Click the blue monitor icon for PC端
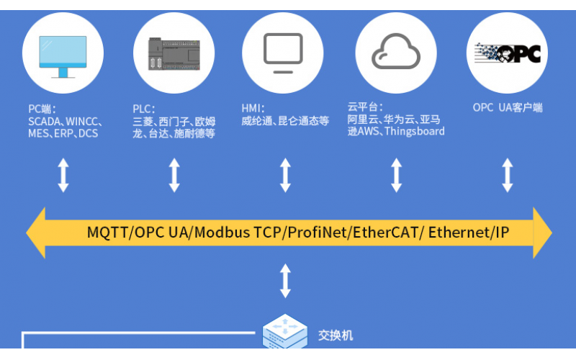[x=63, y=56]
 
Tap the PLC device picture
[x=174, y=53]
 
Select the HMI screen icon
[x=283, y=53]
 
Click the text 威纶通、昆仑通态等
[x=284, y=121]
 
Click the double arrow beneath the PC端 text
[x=63, y=175]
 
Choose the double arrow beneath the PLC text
[x=174, y=175]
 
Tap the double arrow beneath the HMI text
[x=285, y=175]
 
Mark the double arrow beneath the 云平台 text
[x=396, y=175]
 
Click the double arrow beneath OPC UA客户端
[x=508, y=175]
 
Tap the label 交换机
[x=336, y=336]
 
